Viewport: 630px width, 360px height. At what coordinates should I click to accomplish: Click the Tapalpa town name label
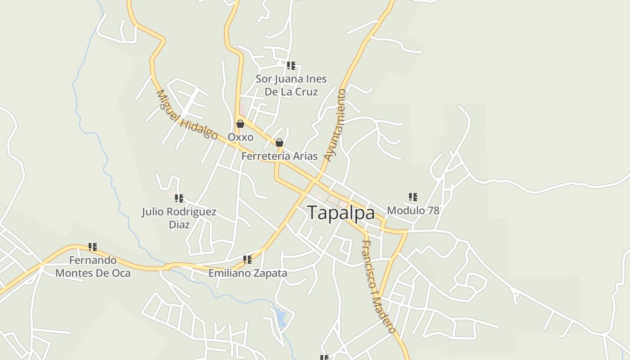pyautogui.click(x=341, y=213)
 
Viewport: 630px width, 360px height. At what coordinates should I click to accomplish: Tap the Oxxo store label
pyautogui.click(x=240, y=137)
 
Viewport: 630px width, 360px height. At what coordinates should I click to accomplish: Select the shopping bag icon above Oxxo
pyautogui.click(x=240, y=124)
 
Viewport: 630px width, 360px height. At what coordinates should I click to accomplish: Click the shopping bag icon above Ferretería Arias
pyautogui.click(x=279, y=143)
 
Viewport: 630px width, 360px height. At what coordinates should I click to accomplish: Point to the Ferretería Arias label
pyautogui.click(x=279, y=156)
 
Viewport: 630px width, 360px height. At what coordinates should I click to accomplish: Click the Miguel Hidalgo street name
pyautogui.click(x=186, y=115)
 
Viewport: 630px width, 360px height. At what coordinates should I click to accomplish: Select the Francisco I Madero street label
pyautogui.click(x=378, y=287)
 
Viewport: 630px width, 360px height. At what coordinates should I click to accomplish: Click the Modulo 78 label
pyautogui.click(x=413, y=210)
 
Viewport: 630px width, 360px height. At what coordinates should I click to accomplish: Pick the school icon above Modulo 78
pyautogui.click(x=413, y=197)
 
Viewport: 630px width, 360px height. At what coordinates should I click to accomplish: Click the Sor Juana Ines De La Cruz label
pyautogui.click(x=291, y=85)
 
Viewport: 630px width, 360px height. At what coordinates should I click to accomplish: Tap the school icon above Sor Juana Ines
pyautogui.click(x=291, y=66)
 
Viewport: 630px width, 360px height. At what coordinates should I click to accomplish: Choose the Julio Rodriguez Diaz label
pyautogui.click(x=179, y=218)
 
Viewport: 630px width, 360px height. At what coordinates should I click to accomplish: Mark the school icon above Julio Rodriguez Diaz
pyautogui.click(x=179, y=198)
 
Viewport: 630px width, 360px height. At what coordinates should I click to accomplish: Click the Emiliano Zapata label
pyautogui.click(x=247, y=273)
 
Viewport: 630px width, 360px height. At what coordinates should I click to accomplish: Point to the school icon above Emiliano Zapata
pyautogui.click(x=247, y=259)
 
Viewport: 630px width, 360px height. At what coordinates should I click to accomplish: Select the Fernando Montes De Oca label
pyautogui.click(x=93, y=266)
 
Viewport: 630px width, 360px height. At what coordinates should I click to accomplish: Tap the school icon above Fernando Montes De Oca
pyautogui.click(x=93, y=247)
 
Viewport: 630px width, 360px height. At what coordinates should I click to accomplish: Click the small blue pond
pyautogui.click(x=281, y=317)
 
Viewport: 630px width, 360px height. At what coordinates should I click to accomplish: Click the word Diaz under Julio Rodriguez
pyautogui.click(x=179, y=224)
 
